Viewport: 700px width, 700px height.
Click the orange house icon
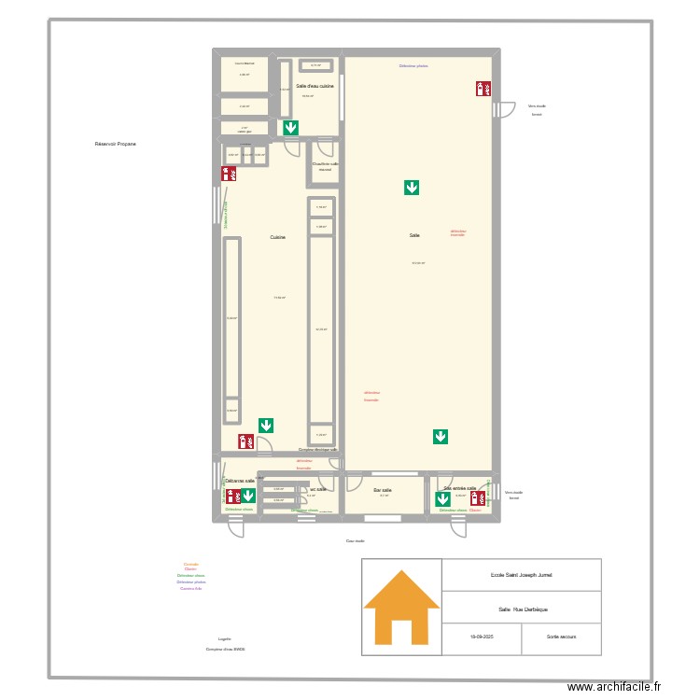401,607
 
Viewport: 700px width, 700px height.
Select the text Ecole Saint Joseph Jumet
521,575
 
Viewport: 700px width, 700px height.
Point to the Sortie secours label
562,636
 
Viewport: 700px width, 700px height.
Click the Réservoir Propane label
116,145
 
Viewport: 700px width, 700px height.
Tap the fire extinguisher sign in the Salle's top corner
483,89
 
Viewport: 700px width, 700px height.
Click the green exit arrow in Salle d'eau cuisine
291,128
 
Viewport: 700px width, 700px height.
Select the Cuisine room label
277,237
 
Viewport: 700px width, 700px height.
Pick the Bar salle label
383,489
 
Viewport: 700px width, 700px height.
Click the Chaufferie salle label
325,165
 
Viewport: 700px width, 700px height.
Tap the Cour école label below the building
355,540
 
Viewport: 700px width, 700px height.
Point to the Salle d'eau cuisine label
315,86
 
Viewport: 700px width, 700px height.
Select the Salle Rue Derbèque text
521,608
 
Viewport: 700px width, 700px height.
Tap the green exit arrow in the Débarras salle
248,496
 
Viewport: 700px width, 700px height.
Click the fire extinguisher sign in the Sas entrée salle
476,497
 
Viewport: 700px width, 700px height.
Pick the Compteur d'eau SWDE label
226,649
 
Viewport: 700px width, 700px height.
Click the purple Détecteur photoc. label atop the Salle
413,66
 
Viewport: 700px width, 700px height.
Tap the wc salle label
317,489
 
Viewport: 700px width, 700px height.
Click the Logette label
224,638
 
